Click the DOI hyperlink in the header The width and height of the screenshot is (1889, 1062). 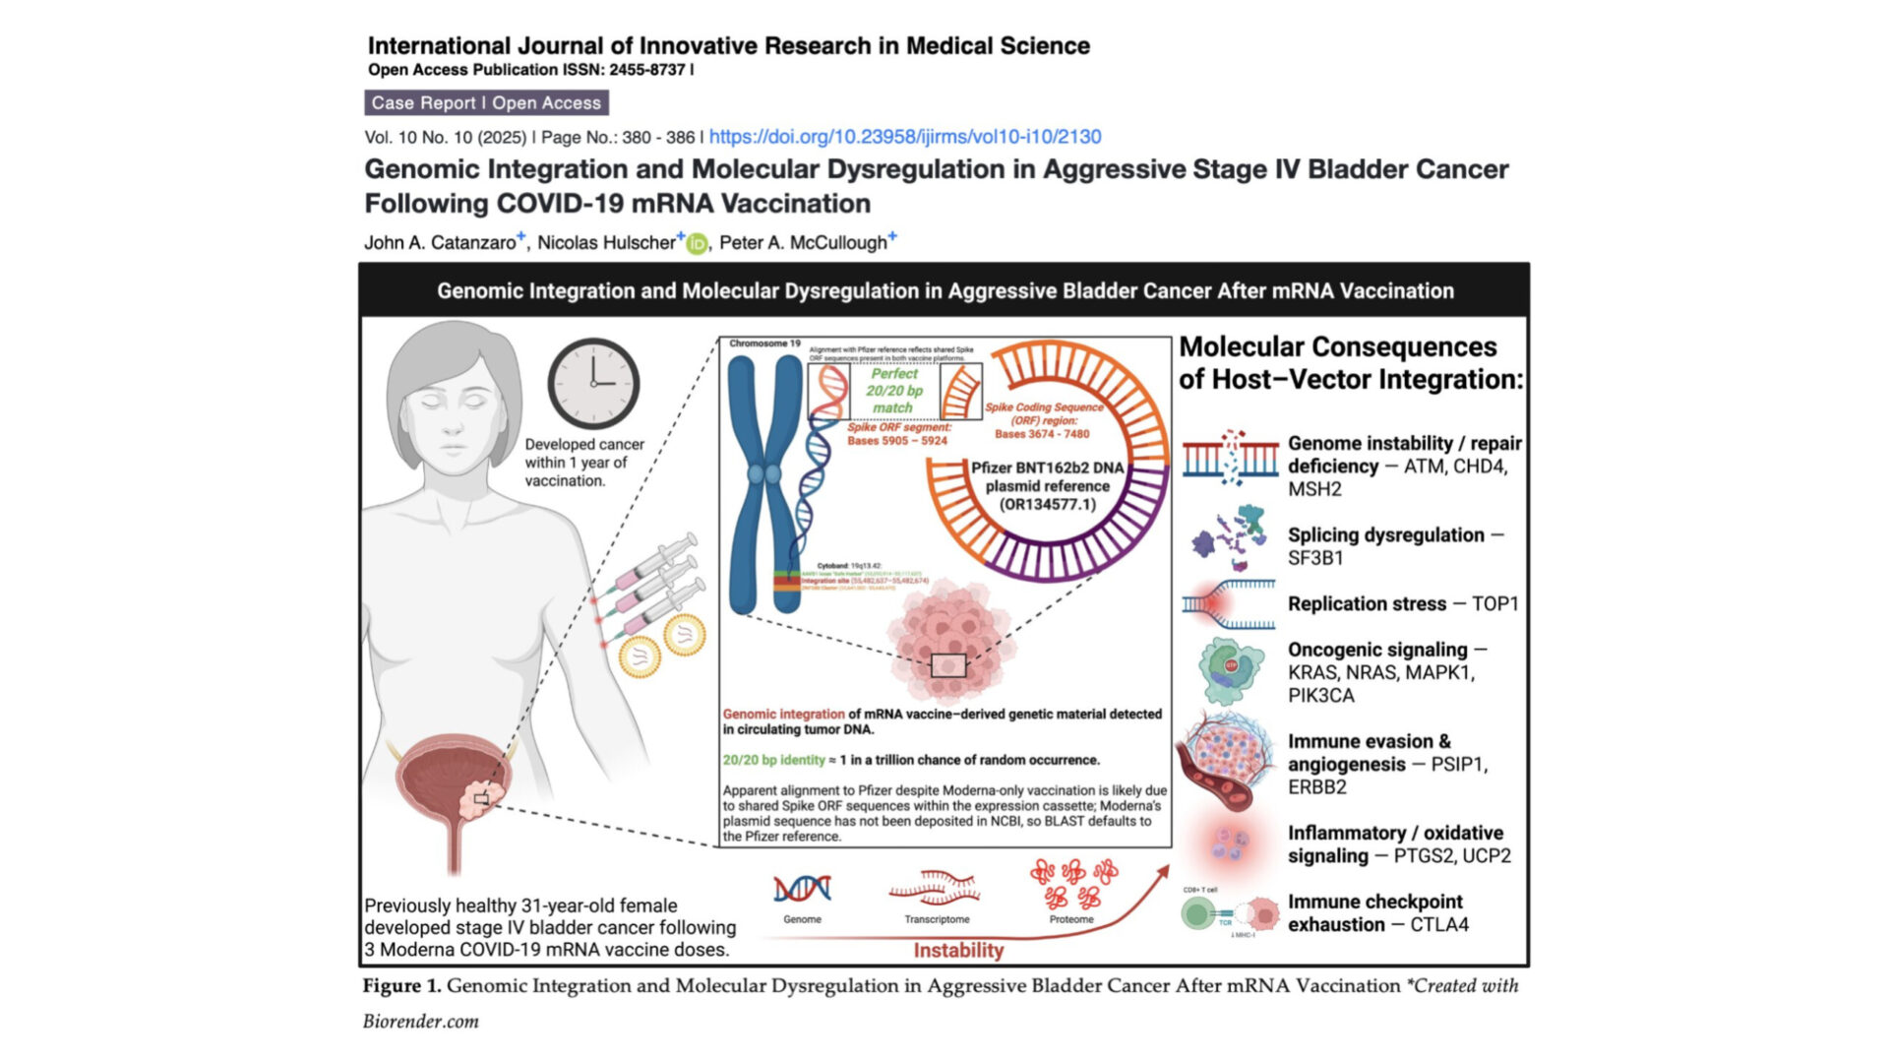coord(904,137)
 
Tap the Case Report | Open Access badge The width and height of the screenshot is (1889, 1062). coord(486,102)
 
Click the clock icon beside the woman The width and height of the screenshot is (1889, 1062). coord(593,383)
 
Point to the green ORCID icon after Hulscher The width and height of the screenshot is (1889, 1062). coord(697,243)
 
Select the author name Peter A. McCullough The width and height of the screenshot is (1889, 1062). coord(803,242)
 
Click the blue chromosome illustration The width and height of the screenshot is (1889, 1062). coord(764,482)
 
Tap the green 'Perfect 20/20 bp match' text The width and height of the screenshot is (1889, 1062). coord(893,391)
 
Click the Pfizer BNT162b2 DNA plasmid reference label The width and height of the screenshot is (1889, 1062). coord(1047,485)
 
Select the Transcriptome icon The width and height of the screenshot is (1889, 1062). coord(936,887)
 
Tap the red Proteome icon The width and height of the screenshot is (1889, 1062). coord(1072,883)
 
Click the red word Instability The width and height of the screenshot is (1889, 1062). coord(958,950)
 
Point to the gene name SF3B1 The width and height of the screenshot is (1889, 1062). coord(1315,558)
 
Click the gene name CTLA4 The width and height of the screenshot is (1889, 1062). coord(1439,924)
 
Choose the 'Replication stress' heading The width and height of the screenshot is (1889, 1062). coord(1367,603)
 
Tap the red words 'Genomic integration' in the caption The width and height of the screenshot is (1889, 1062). coord(783,714)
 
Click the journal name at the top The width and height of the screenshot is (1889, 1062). coord(728,45)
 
